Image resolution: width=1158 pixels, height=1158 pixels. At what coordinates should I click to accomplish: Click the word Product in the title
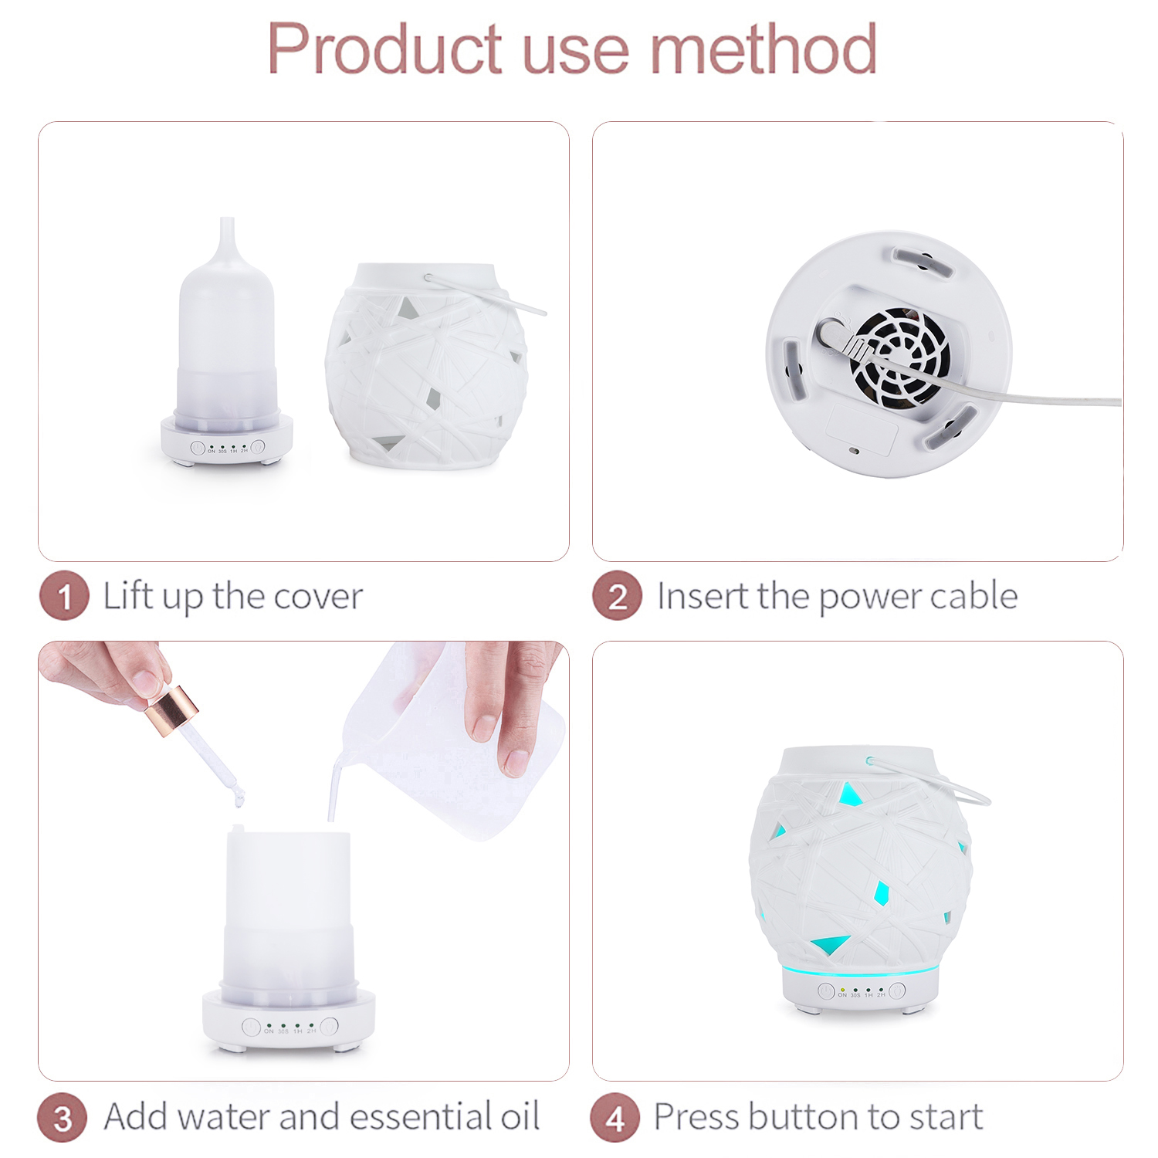(x=384, y=49)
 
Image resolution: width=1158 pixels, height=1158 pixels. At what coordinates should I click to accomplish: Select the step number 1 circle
(x=64, y=595)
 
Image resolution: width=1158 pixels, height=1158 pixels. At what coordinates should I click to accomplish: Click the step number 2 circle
(x=618, y=595)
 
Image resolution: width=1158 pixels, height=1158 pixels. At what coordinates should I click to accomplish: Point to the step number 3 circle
(x=63, y=1117)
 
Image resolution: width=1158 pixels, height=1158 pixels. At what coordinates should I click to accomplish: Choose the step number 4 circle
(x=615, y=1117)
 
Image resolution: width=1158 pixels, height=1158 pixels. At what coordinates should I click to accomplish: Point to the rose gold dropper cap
(x=171, y=709)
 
